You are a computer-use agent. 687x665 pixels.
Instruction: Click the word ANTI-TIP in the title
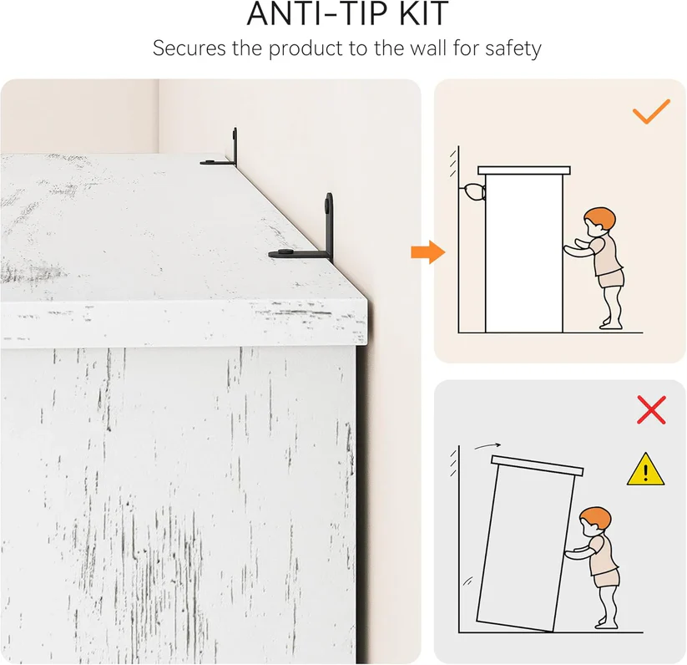pyautogui.click(x=319, y=13)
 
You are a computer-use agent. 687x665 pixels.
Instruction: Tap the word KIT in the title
pyautogui.click(x=424, y=13)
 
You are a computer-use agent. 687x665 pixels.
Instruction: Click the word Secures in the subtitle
pyautogui.click(x=189, y=48)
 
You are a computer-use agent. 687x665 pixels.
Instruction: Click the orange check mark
pyautogui.click(x=651, y=111)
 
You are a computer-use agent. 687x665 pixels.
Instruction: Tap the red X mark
pyautogui.click(x=651, y=410)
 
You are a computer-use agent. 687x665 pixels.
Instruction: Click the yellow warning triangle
pyautogui.click(x=645, y=470)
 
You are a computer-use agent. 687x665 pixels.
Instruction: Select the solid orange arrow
pyautogui.click(x=428, y=252)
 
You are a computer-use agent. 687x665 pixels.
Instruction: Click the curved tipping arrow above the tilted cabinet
pyautogui.click(x=487, y=446)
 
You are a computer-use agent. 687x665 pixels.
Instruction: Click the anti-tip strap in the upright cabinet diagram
pyautogui.click(x=472, y=192)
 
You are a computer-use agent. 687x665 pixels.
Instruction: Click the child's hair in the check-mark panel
pyautogui.click(x=600, y=218)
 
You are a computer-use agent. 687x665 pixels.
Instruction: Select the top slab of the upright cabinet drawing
pyautogui.click(x=524, y=170)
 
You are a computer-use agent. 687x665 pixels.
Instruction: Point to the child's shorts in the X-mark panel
pyautogui.click(x=607, y=578)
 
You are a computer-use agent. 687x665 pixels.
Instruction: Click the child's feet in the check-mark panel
pyautogui.click(x=611, y=325)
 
